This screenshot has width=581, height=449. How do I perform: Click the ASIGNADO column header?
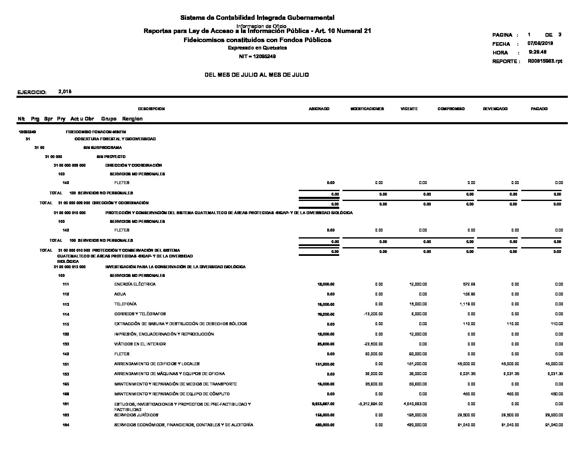(319, 109)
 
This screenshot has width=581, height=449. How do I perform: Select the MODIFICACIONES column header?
(367, 109)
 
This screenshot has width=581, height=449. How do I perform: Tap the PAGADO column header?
(539, 109)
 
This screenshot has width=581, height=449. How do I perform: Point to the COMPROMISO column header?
(451, 109)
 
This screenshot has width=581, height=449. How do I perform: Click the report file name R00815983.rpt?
(545, 61)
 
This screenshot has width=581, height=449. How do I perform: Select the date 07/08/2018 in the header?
(540, 43)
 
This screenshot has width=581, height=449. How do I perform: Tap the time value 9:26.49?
(538, 52)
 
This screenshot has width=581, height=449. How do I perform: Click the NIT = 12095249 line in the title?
(257, 57)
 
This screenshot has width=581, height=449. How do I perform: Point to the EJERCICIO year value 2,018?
(65, 92)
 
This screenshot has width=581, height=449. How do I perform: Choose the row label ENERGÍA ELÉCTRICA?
(135, 284)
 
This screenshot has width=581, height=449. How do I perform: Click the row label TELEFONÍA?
(125, 304)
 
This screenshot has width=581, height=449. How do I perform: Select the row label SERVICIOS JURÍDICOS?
(136, 415)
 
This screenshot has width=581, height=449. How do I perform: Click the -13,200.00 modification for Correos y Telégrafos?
(373, 314)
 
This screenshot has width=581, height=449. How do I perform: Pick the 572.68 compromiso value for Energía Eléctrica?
(469, 284)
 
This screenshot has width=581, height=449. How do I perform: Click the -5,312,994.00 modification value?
(370, 404)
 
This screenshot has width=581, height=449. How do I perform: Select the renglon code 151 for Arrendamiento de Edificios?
(66, 364)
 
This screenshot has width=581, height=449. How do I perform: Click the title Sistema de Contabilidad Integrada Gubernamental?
(257, 18)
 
